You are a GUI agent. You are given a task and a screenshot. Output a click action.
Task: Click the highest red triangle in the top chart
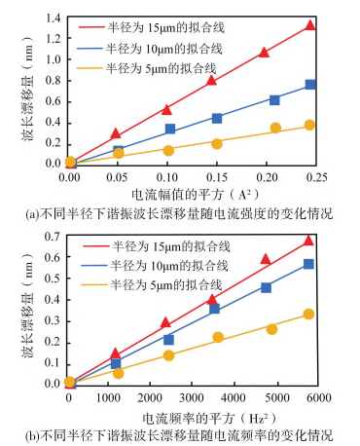click(x=310, y=25)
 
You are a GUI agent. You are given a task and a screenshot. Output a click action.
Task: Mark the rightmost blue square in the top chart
click(x=310, y=85)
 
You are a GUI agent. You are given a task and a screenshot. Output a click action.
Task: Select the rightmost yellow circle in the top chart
click(x=310, y=125)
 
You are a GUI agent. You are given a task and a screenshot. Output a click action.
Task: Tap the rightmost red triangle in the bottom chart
click(x=308, y=240)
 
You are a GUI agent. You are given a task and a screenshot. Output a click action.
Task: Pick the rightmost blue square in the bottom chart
click(x=308, y=264)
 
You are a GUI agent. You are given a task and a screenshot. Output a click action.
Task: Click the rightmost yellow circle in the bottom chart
click(x=308, y=315)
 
